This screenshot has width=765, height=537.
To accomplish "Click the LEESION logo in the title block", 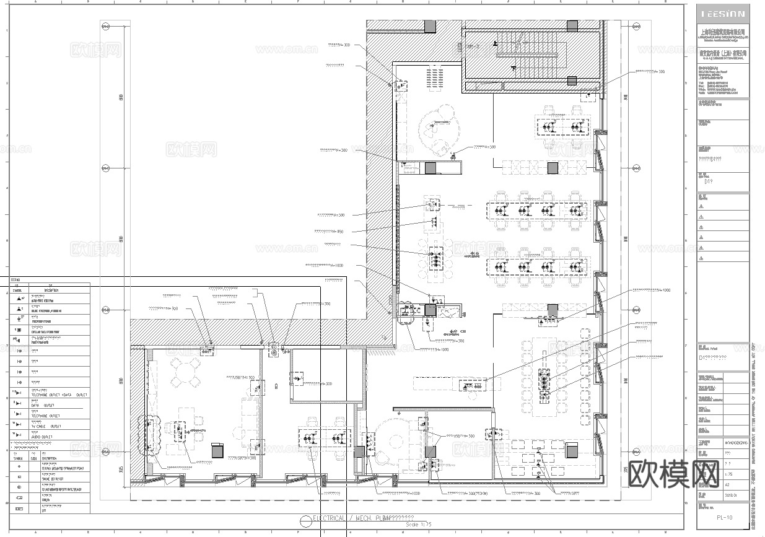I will [x=723, y=14].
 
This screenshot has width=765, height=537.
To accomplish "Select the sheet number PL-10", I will [x=724, y=517].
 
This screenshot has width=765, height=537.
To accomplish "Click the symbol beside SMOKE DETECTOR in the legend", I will [x=19, y=477].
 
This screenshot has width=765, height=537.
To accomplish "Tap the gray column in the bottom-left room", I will [x=217, y=451].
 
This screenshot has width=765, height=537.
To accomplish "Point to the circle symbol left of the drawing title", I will [x=305, y=520].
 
